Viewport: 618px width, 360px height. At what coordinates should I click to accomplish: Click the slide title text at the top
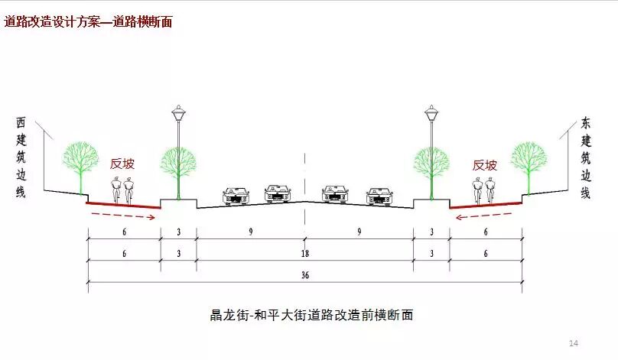pos(88,21)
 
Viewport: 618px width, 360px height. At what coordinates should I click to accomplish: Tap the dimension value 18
pos(304,252)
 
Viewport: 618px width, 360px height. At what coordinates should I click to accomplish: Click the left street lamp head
pos(177,115)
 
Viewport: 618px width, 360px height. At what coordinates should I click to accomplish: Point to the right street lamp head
pos(431,115)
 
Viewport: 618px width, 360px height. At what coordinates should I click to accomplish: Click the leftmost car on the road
pos(236,196)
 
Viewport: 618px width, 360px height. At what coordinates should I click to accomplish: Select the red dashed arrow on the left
pos(122,216)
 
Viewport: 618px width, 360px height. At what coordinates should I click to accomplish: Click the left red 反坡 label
pos(122,164)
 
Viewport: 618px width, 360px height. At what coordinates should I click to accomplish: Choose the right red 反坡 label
pos(485,164)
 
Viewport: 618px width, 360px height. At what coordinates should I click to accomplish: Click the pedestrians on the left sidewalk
pos(122,189)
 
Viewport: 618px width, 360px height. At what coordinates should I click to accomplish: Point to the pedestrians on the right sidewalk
pos(485,189)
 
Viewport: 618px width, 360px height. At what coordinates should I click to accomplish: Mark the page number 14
pos(574,342)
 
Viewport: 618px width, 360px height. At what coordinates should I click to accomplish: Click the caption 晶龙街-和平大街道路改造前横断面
pos(311,314)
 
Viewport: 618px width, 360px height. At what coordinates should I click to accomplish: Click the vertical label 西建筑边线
pos(21,157)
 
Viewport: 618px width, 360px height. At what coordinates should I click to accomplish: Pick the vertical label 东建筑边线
pos(586,157)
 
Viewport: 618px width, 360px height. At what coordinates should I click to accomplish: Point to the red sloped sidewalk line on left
pos(122,205)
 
